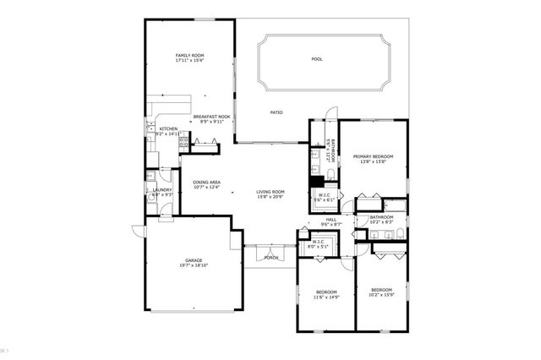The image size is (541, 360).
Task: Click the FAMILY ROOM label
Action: tap(189, 55)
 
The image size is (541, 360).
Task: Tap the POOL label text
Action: tap(317, 59)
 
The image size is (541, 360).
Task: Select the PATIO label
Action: tap(276, 112)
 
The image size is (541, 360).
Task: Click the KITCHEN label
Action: tap(168, 128)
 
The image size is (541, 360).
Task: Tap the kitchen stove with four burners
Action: tap(182, 145)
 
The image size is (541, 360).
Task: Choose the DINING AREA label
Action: tap(206, 183)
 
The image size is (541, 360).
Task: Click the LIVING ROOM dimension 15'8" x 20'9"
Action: tap(270, 197)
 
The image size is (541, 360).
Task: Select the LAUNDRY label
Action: tap(162, 189)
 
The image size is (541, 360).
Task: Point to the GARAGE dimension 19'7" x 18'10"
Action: tap(194, 265)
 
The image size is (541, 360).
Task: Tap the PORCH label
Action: tap(271, 257)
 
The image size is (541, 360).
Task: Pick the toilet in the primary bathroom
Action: tap(331, 175)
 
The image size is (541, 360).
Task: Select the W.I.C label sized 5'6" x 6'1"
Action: tap(324, 195)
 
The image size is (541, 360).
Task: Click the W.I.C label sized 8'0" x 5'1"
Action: tap(319, 243)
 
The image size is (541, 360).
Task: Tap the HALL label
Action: tap(331, 220)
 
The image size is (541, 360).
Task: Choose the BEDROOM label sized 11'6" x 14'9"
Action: tap(325, 292)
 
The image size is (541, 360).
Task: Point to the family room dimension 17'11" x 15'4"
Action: tap(189, 61)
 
